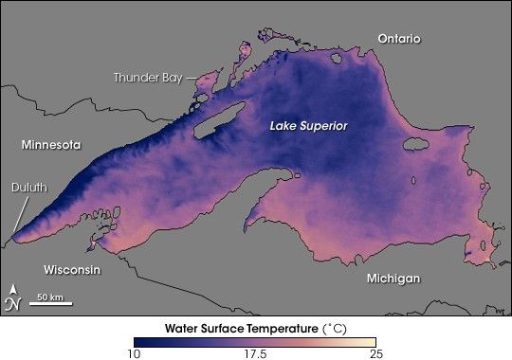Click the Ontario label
(x=398, y=38)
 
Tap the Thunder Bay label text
(x=148, y=77)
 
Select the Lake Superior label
(x=308, y=126)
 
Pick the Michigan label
(x=393, y=279)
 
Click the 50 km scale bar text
(x=49, y=297)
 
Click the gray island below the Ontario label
(x=414, y=145)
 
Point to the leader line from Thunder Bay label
(x=190, y=78)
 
